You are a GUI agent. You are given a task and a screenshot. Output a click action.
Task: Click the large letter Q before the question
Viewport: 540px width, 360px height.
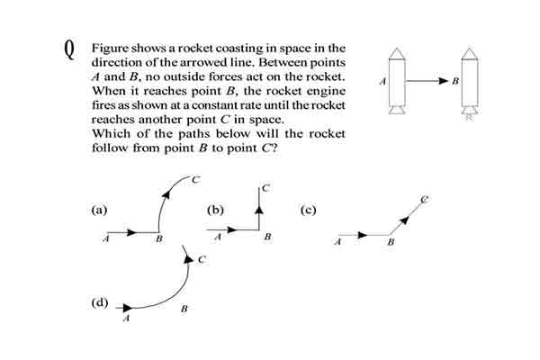pyautogui.click(x=69, y=49)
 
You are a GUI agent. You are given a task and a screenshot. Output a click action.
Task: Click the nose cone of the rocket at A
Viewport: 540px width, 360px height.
pyautogui.click(x=397, y=53)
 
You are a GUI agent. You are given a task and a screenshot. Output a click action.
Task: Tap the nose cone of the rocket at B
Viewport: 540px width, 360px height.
pyautogui.click(x=470, y=53)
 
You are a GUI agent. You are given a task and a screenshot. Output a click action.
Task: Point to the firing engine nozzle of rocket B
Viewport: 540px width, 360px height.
pyautogui.click(x=470, y=112)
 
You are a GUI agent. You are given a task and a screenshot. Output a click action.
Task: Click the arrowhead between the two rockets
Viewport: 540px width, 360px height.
pyautogui.click(x=442, y=81)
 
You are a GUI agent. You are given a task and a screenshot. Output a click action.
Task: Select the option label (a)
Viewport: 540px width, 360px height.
pyautogui.click(x=99, y=210)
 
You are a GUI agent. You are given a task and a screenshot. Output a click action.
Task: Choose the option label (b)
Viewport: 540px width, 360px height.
pyautogui.click(x=216, y=210)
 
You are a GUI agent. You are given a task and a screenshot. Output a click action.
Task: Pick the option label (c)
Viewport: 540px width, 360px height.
pyautogui.click(x=308, y=210)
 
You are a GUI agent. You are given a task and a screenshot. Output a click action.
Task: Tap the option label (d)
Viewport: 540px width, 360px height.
pyautogui.click(x=100, y=302)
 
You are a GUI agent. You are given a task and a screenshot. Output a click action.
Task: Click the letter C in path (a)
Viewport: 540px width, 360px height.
pyautogui.click(x=195, y=179)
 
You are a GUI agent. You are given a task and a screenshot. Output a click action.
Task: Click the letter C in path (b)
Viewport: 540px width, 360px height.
pyautogui.click(x=265, y=188)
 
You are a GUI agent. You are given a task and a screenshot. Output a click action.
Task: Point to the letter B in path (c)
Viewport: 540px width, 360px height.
pyautogui.click(x=391, y=242)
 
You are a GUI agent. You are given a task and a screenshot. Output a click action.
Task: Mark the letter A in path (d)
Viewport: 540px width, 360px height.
pyautogui.click(x=126, y=319)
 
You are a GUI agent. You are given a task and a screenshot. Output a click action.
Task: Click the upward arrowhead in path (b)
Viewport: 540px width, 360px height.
pyautogui.click(x=260, y=209)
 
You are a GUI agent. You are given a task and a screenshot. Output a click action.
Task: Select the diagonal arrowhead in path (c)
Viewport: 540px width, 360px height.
pyautogui.click(x=405, y=220)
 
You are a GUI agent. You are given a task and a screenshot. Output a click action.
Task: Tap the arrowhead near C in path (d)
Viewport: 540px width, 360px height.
pyautogui.click(x=188, y=258)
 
